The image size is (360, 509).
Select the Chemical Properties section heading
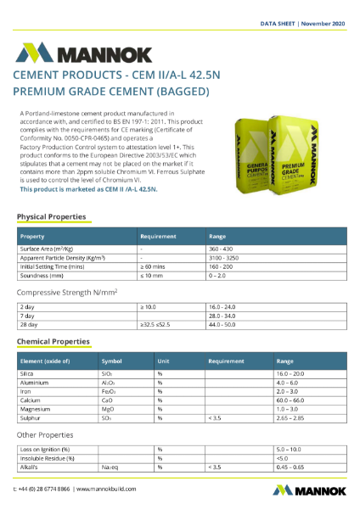point(53,342)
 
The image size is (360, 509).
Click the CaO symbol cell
point(108,399)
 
